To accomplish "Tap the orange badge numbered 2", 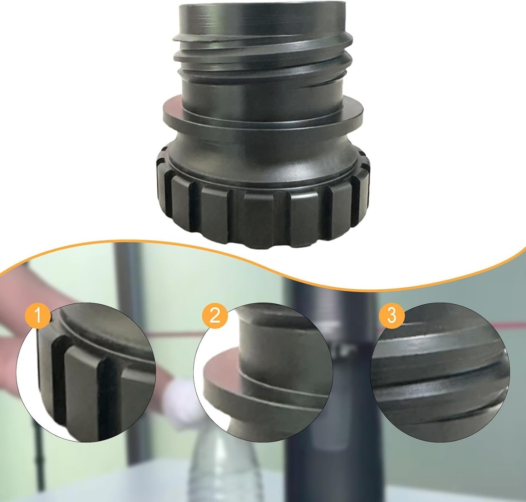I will click(x=215, y=315).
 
